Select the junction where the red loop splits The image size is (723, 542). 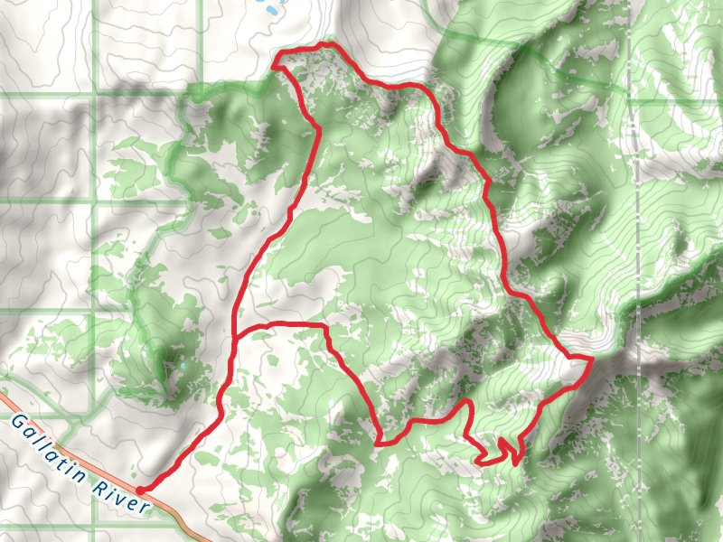[x=234, y=338]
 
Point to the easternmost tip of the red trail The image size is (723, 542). [x=591, y=360]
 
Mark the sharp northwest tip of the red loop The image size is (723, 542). [x=274, y=64]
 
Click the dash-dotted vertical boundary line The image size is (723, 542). [x=638, y=226]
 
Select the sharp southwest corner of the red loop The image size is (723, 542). [x=378, y=444]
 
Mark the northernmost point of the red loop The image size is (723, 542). [x=330, y=43]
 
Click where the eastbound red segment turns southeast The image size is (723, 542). [x=324, y=324]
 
